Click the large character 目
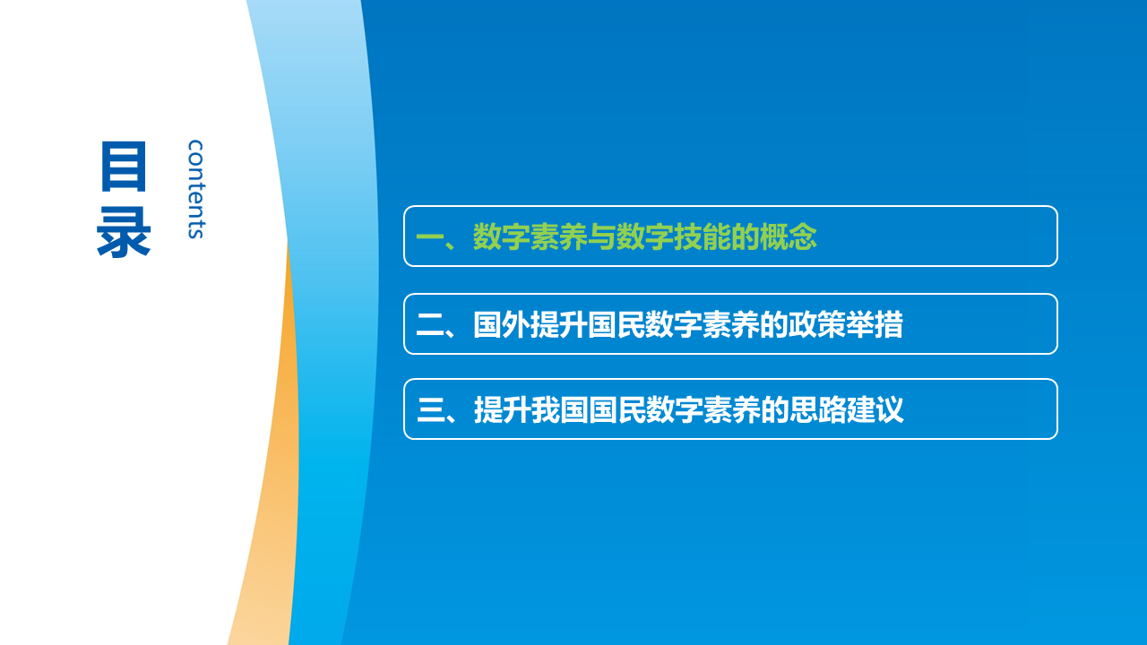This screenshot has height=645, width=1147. tap(124, 166)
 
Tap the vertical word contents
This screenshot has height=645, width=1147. tap(195, 189)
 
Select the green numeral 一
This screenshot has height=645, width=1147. tap(429, 237)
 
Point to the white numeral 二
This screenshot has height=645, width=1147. tap(429, 324)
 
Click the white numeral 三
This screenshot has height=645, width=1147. tap(431, 410)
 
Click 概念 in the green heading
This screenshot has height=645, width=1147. tap(788, 237)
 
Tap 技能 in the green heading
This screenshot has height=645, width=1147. tap(702, 237)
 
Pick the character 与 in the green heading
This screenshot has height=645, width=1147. tap(601, 237)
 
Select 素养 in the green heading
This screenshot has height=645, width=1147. tap(558, 237)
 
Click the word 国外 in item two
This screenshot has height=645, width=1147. tap(502, 324)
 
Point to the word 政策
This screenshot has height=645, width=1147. tap(816, 324)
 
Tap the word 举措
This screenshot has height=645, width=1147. tap(874, 324)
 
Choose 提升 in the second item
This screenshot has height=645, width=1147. tap(558, 324)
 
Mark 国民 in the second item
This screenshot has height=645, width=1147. tap(616, 324)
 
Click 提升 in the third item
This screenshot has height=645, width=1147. tap(503, 410)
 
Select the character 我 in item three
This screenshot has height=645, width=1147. tap(546, 410)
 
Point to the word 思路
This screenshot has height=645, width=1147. tap(818, 410)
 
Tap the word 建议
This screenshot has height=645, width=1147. tap(875, 410)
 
